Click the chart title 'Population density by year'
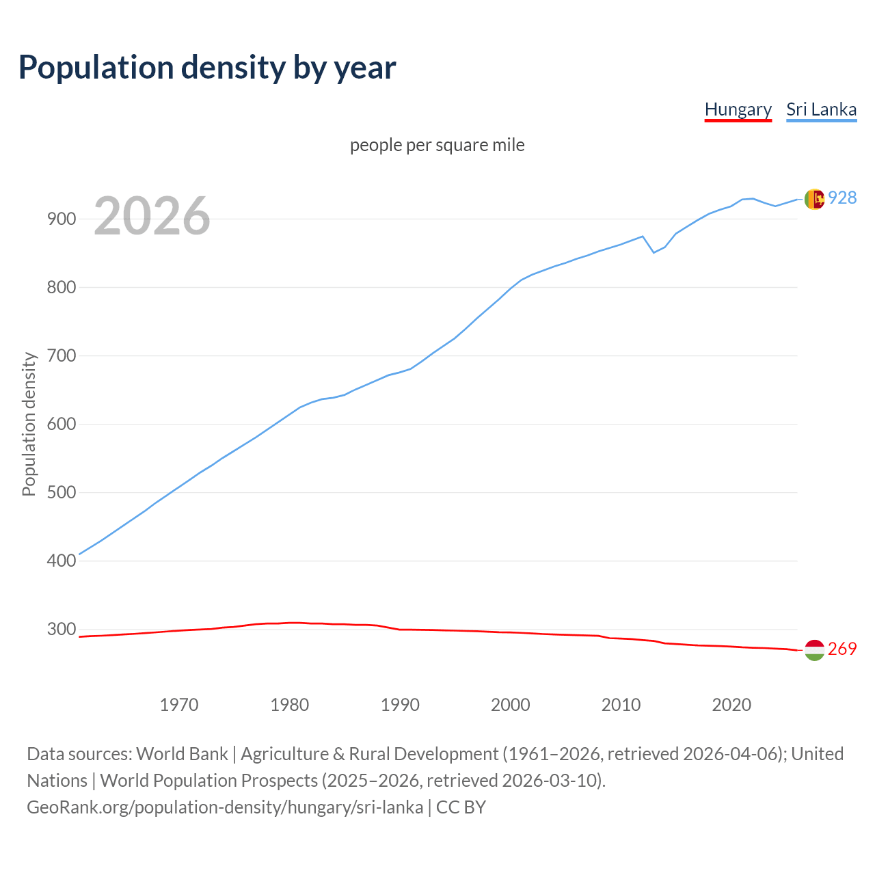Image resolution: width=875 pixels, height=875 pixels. [207, 68]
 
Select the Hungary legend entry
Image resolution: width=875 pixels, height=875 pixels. [738, 109]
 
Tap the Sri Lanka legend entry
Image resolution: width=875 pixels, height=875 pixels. [821, 109]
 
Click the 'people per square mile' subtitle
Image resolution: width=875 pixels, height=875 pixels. [437, 145]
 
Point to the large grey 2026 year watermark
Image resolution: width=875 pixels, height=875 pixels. [152, 216]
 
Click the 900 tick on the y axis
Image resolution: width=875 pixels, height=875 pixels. [61, 219]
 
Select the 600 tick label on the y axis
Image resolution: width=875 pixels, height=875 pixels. [61, 425]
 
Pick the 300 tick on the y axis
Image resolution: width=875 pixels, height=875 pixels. [61, 630]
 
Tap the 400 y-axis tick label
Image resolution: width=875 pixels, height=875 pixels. [61, 561]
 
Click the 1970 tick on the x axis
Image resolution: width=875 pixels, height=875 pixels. [179, 705]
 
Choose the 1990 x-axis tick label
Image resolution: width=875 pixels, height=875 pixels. [400, 705]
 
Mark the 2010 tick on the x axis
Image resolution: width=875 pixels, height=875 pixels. [621, 705]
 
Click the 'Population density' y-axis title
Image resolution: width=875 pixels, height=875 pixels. [29, 424]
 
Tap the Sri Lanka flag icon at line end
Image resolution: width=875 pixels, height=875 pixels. [814, 199]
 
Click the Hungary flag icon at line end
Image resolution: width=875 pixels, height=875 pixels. [814, 650]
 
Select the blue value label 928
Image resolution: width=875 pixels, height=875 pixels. [842, 198]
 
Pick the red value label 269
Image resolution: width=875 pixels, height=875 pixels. [842, 649]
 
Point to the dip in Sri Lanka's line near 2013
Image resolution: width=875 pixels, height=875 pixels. [654, 252]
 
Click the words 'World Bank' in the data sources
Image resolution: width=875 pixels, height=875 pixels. [182, 754]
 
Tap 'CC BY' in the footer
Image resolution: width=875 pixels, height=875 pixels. [461, 807]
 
